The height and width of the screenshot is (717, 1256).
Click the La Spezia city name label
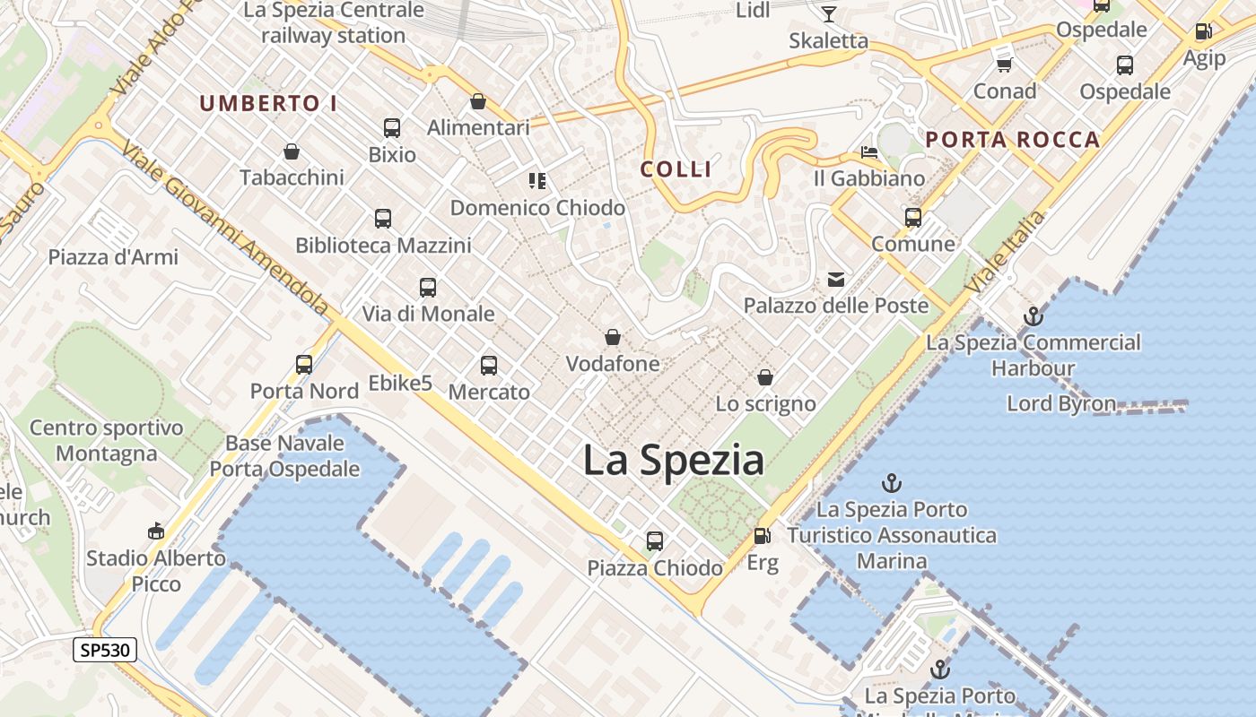(674, 461)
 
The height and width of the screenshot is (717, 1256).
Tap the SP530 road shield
(105, 650)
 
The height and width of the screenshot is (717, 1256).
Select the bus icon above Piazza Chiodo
(655, 541)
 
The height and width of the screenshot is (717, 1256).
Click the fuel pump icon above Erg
(762, 536)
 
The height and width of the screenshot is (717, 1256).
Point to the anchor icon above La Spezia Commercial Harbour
(1034, 316)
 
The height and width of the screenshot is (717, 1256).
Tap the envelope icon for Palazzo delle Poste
(836, 280)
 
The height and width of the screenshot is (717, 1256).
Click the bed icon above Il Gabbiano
(868, 151)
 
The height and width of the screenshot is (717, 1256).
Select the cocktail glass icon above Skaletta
(828, 13)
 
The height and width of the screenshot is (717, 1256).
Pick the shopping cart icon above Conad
(1005, 65)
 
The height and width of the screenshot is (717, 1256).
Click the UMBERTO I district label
(268, 103)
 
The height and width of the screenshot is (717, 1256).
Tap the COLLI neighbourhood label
(676, 168)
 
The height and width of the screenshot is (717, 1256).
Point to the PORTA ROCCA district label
(1013, 139)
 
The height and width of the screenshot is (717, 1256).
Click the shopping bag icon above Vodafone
(613, 337)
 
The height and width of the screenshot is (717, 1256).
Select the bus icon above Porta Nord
(304, 364)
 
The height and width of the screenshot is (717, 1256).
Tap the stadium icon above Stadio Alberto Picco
(156, 531)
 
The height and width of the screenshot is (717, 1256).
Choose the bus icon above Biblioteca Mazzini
(383, 218)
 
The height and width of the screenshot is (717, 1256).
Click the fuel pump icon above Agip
(1203, 31)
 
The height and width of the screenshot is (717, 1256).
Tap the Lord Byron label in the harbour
(1061, 403)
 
